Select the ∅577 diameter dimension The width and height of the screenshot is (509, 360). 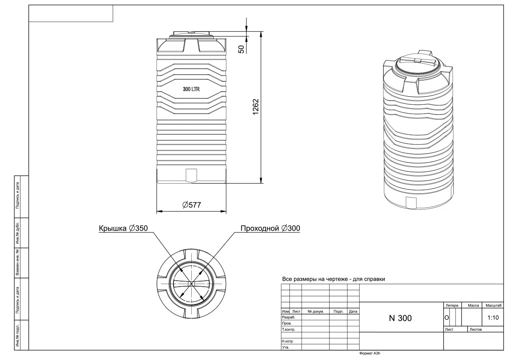191,205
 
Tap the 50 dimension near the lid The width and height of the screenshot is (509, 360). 241,49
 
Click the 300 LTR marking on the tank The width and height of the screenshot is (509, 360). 191,89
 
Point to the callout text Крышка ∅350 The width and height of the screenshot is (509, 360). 123,228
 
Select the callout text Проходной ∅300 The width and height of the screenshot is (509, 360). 270,228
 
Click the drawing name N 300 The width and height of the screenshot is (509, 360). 400,318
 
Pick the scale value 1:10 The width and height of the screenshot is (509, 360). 493,317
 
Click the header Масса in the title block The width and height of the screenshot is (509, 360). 473,305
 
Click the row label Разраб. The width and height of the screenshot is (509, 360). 288,317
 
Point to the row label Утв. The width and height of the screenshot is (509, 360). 285,347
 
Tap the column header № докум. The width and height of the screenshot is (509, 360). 316,311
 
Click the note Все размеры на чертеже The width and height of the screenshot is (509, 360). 333,279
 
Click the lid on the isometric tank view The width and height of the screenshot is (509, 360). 417,63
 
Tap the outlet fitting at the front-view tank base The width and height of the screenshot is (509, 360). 192,174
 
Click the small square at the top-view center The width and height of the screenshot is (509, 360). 191,284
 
